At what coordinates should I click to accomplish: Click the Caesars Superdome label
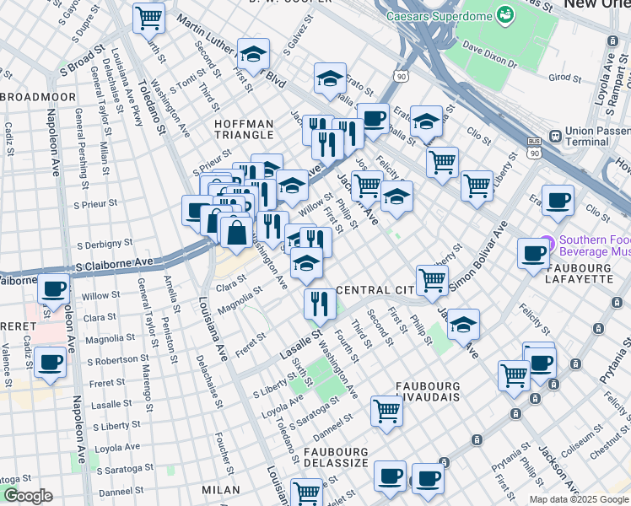(438, 15)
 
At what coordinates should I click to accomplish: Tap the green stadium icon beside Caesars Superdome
(505, 14)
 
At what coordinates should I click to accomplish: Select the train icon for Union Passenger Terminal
(555, 136)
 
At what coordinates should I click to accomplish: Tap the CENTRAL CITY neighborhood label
(373, 290)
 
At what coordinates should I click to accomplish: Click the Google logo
(27, 496)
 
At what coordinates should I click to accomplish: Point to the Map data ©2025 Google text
(579, 499)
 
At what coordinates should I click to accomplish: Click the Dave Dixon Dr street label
(499, 54)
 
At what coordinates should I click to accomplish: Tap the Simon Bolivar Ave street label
(477, 257)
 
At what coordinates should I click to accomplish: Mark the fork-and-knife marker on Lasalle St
(319, 304)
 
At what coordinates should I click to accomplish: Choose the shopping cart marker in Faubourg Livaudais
(386, 411)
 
